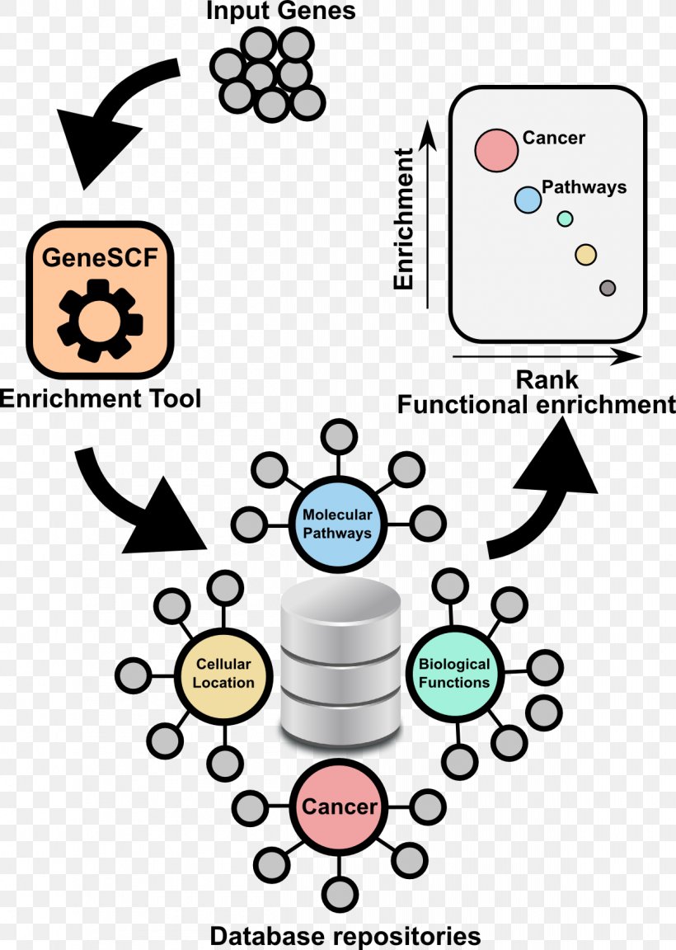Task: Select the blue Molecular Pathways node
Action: click(x=336, y=524)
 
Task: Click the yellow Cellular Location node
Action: click(x=223, y=672)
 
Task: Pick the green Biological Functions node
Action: click(x=454, y=672)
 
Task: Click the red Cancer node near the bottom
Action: click(x=338, y=807)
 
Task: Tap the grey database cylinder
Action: click(x=340, y=660)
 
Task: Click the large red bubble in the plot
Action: click(x=496, y=150)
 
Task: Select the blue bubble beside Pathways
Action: click(x=528, y=199)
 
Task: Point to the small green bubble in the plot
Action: click(x=565, y=219)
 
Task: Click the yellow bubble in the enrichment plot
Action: click(x=585, y=255)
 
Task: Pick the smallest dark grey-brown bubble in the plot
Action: click(x=608, y=288)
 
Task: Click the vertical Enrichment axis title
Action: click(x=403, y=219)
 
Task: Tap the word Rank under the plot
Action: click(x=547, y=380)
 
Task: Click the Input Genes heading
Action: click(x=281, y=12)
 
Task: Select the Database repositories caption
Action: click(x=345, y=936)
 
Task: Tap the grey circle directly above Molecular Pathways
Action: click(x=337, y=436)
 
